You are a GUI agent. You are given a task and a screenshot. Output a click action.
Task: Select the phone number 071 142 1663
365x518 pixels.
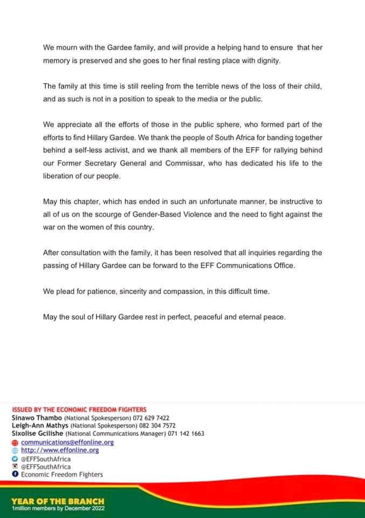pos(184,433)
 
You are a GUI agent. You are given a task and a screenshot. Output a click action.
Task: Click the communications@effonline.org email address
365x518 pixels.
pos(67,442)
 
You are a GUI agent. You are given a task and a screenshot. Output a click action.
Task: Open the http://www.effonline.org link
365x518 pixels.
pos(60,450)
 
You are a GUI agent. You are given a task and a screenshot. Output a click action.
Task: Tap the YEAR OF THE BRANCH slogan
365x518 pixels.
pos(58,501)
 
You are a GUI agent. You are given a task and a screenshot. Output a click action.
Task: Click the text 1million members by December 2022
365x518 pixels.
pos(58,508)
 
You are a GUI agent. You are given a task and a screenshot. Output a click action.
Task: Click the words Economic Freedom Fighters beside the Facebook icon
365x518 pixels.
pos(62,474)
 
